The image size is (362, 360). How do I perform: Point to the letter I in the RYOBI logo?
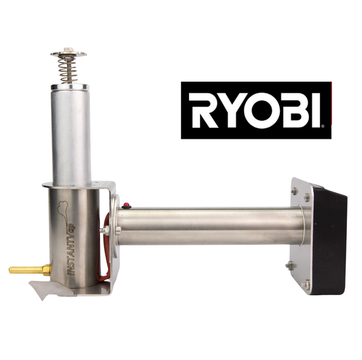click(316, 110)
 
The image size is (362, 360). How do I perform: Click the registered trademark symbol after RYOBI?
click(322, 126)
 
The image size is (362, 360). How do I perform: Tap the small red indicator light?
click(126, 205)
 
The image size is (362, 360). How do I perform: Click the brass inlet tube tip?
click(10, 270)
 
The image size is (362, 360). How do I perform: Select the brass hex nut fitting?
click(47, 270)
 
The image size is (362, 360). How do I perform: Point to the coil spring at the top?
click(67, 69)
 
